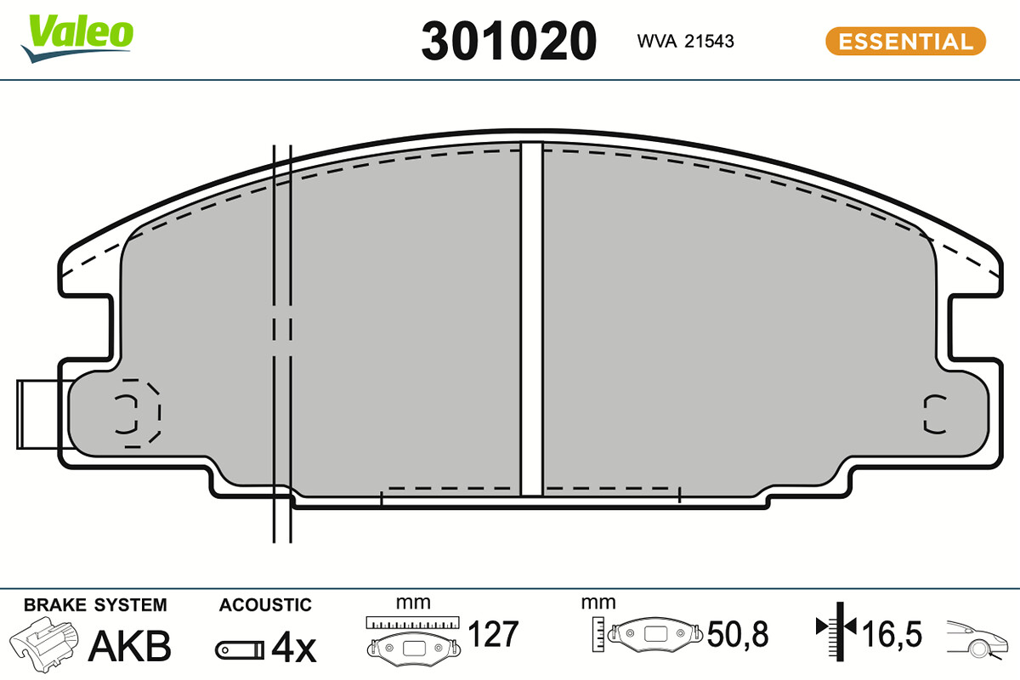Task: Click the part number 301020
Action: [x=508, y=41]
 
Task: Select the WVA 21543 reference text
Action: [x=685, y=42]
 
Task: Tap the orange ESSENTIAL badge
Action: [x=905, y=41]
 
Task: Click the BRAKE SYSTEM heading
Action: [x=95, y=605]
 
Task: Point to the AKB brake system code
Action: [x=130, y=646]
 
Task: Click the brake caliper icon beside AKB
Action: [x=43, y=644]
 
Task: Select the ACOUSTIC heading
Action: [x=265, y=605]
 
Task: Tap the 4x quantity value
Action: [x=294, y=647]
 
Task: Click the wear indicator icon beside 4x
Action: [x=240, y=650]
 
